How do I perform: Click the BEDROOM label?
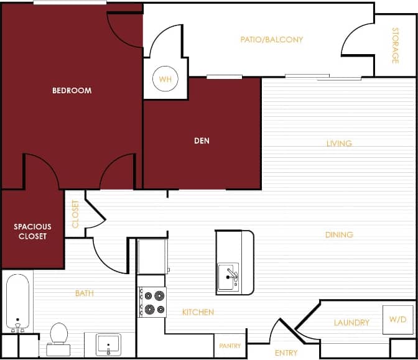[72, 91]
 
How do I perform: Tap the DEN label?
[202, 141]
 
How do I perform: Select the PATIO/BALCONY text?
[272, 40]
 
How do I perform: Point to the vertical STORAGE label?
[395, 45]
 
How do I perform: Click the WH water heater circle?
[165, 80]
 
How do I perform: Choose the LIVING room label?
[339, 144]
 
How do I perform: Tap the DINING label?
[339, 235]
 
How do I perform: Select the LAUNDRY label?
[351, 323]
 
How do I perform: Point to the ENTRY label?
[286, 353]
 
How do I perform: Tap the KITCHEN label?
[198, 312]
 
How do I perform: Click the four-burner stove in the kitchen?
[153, 302]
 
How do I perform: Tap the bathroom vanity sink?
[108, 344]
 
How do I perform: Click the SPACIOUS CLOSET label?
[32, 231]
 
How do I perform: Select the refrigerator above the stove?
[152, 256]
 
